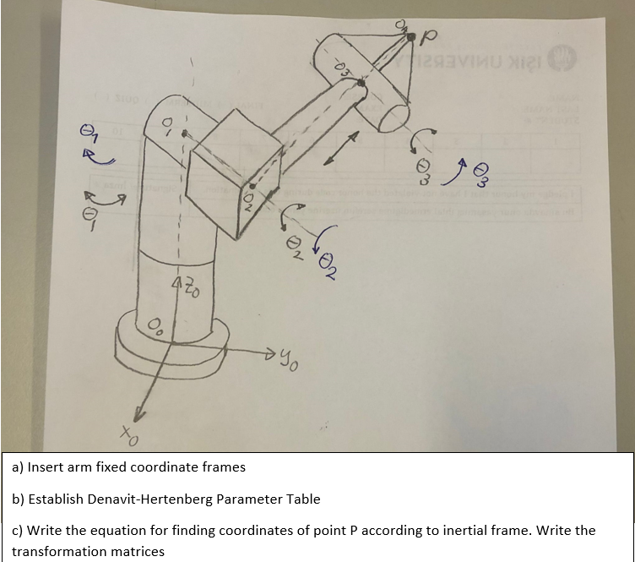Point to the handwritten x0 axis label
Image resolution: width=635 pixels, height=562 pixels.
coord(127,438)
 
